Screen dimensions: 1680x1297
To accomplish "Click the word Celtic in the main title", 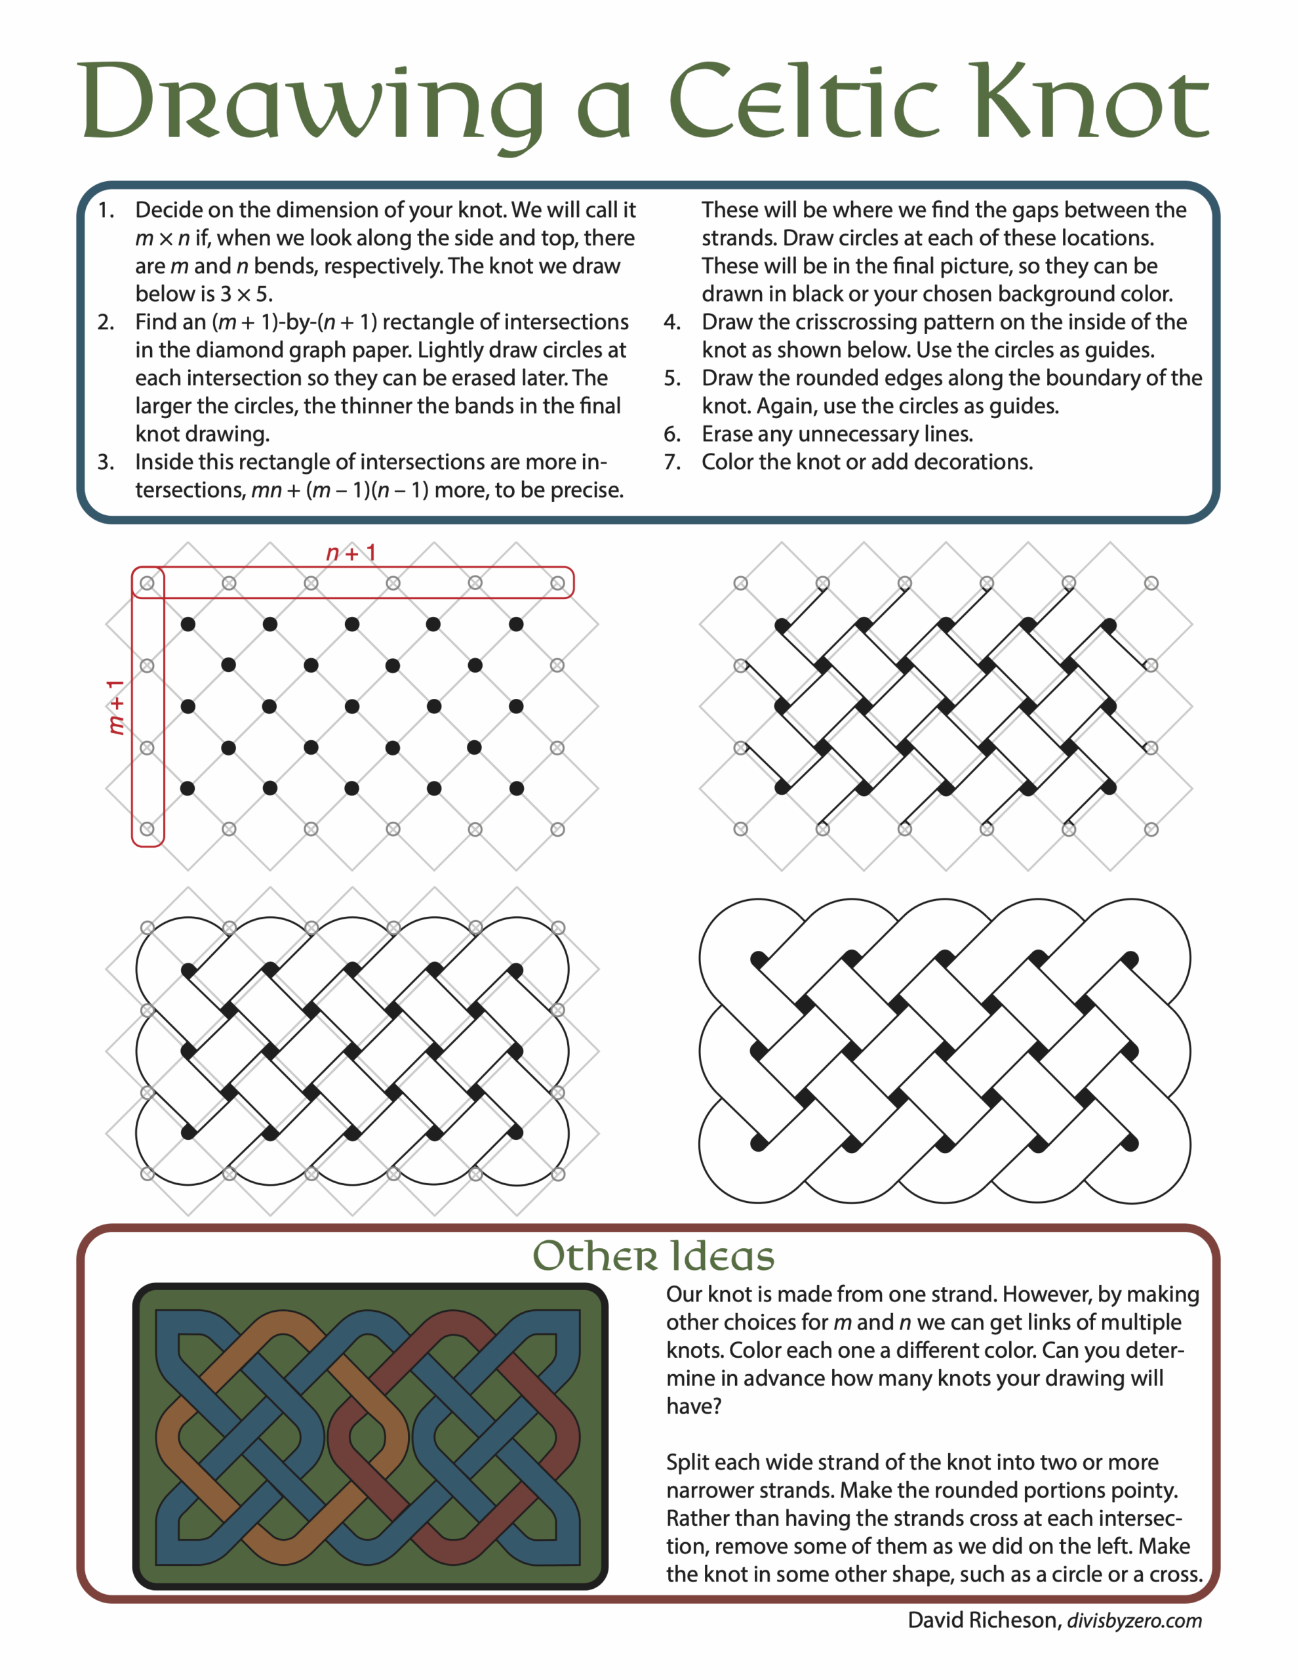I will click(x=803, y=102).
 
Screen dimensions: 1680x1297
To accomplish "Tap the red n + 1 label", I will click(x=351, y=553).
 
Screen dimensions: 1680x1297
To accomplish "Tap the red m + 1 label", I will click(x=115, y=707).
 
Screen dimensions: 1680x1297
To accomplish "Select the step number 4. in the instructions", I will click(x=673, y=322).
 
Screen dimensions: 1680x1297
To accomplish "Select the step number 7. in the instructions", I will click(x=673, y=462).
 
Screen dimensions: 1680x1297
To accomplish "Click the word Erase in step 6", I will click(x=727, y=434).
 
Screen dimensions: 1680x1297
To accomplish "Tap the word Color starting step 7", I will click(x=727, y=462).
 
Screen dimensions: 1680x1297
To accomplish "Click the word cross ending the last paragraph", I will click(x=1174, y=1574).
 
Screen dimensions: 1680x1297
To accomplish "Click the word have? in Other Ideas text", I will click(x=692, y=1406).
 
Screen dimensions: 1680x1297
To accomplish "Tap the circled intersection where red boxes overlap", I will click(x=148, y=583).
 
